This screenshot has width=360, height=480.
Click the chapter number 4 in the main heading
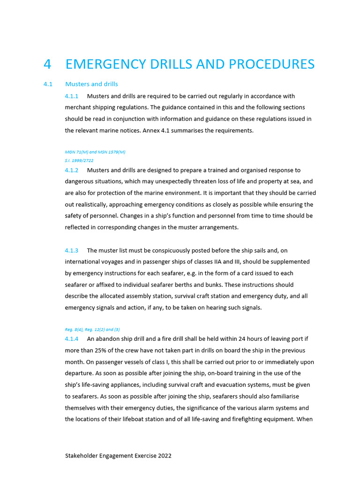point(47,64)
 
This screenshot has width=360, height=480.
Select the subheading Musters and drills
point(91,84)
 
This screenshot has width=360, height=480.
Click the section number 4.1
point(47,84)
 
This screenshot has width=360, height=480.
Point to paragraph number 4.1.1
point(71,96)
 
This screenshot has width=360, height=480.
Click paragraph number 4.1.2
point(71,170)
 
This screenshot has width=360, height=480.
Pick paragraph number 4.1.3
point(71,250)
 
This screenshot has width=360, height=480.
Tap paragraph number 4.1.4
point(71,339)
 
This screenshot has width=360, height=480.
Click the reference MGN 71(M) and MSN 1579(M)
point(95,152)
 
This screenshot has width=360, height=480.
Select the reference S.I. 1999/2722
point(79,160)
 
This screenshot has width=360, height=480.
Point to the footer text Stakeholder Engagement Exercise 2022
point(118,456)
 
